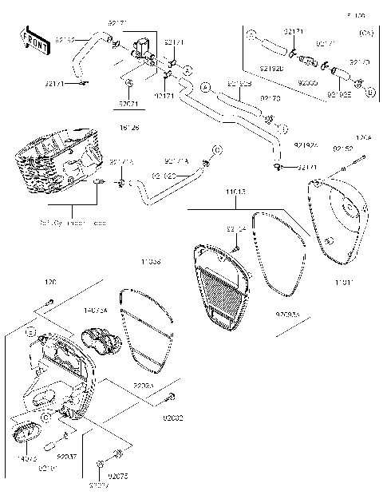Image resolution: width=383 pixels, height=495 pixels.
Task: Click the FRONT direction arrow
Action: click(x=33, y=39)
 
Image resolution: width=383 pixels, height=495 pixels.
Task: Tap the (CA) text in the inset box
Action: click(x=366, y=34)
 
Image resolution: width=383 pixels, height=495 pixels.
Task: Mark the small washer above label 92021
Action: click(x=129, y=83)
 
